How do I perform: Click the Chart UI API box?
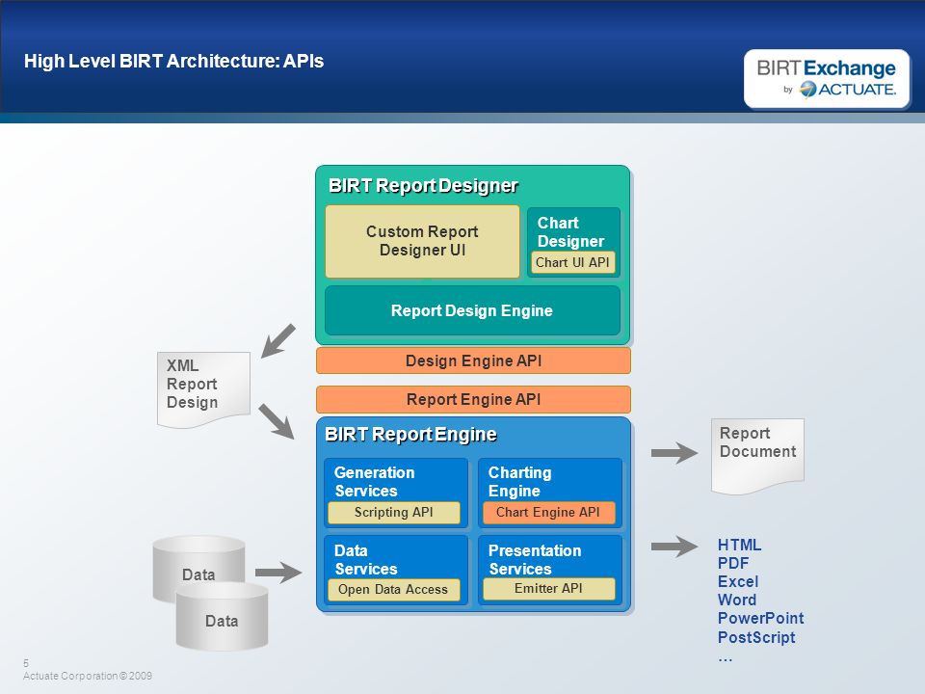point(572,262)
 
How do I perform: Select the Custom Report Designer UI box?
point(422,241)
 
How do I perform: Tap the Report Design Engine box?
point(472,310)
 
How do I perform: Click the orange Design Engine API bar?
point(473,360)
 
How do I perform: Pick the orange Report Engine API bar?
point(473,399)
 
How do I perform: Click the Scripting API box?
point(393,512)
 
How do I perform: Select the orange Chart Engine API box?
point(548,512)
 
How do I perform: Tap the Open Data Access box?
point(393,590)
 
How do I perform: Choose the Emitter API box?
point(548,589)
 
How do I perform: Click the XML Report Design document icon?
point(203,388)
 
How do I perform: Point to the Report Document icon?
point(757,455)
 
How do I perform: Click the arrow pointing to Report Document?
point(674,453)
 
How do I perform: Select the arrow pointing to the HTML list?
point(674,547)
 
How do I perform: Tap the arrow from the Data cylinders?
point(278,573)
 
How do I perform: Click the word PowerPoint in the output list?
point(760,619)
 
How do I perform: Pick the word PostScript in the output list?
point(756,637)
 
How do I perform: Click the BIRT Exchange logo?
point(827,78)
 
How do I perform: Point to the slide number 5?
point(26,663)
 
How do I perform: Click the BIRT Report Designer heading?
point(423,186)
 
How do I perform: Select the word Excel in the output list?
point(738,582)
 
